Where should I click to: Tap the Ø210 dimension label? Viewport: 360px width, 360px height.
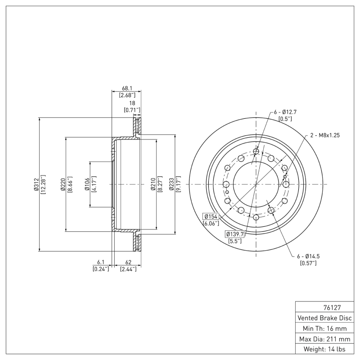click(153, 184)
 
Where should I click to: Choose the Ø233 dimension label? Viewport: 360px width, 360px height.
click(171, 184)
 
